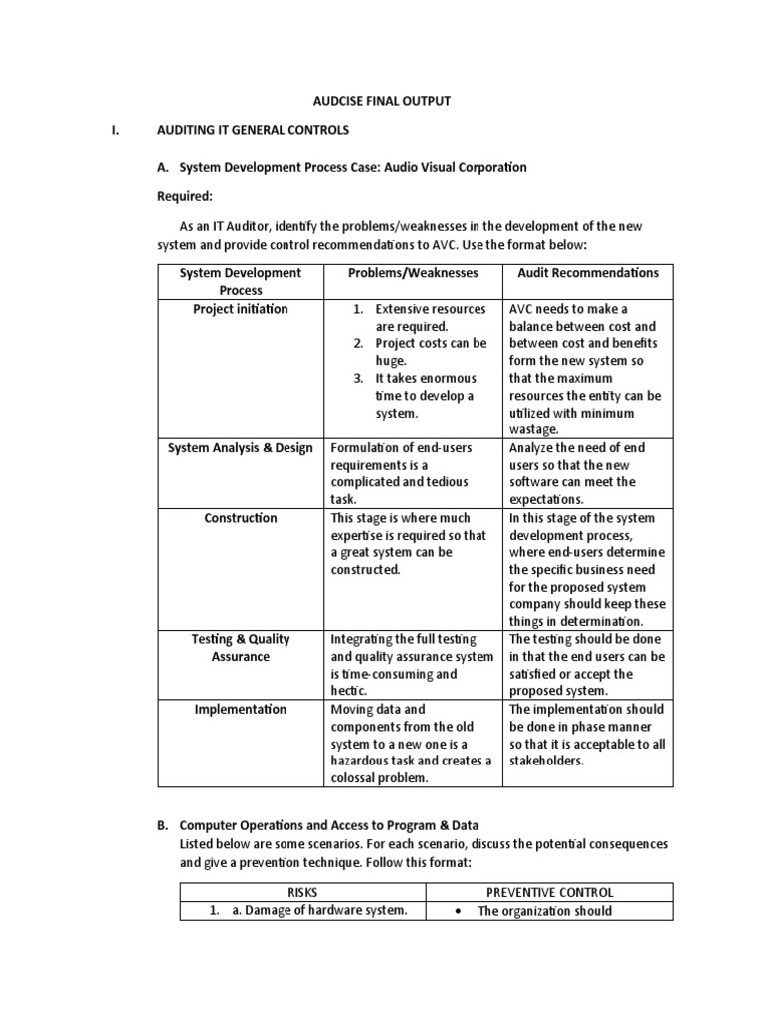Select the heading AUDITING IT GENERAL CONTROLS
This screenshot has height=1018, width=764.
tap(253, 130)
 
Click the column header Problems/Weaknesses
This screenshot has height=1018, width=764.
tap(413, 273)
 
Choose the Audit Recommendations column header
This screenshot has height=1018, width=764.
tap(588, 273)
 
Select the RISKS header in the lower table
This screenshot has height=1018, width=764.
tap(302, 892)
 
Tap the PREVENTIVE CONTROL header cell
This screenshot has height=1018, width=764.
tap(550, 892)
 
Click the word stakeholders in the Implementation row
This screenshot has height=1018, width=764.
tap(547, 762)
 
